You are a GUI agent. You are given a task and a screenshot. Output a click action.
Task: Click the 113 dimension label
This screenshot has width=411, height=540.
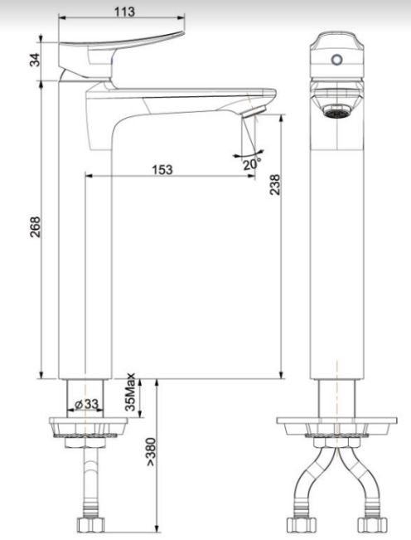(125, 11)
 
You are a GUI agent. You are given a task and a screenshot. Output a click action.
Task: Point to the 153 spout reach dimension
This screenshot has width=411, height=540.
(162, 169)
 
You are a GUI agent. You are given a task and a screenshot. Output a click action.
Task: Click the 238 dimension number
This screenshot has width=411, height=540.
(275, 184)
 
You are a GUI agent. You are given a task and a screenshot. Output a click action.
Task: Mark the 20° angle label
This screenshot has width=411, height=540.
(251, 163)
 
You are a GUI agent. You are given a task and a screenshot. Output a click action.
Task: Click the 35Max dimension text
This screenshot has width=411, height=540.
(130, 396)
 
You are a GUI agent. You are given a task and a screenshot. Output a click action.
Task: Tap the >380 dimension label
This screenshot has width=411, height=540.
(150, 451)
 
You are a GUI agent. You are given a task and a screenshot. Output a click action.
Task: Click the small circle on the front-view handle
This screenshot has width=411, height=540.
(336, 60)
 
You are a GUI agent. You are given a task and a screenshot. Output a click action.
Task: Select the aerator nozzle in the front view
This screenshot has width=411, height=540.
(336, 109)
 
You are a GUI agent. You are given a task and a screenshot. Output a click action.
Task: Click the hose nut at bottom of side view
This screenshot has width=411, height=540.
(88, 524)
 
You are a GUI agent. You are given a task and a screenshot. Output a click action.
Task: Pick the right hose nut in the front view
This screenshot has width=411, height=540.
(370, 524)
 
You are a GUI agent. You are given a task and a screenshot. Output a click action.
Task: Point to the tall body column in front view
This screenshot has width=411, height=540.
(336, 249)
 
